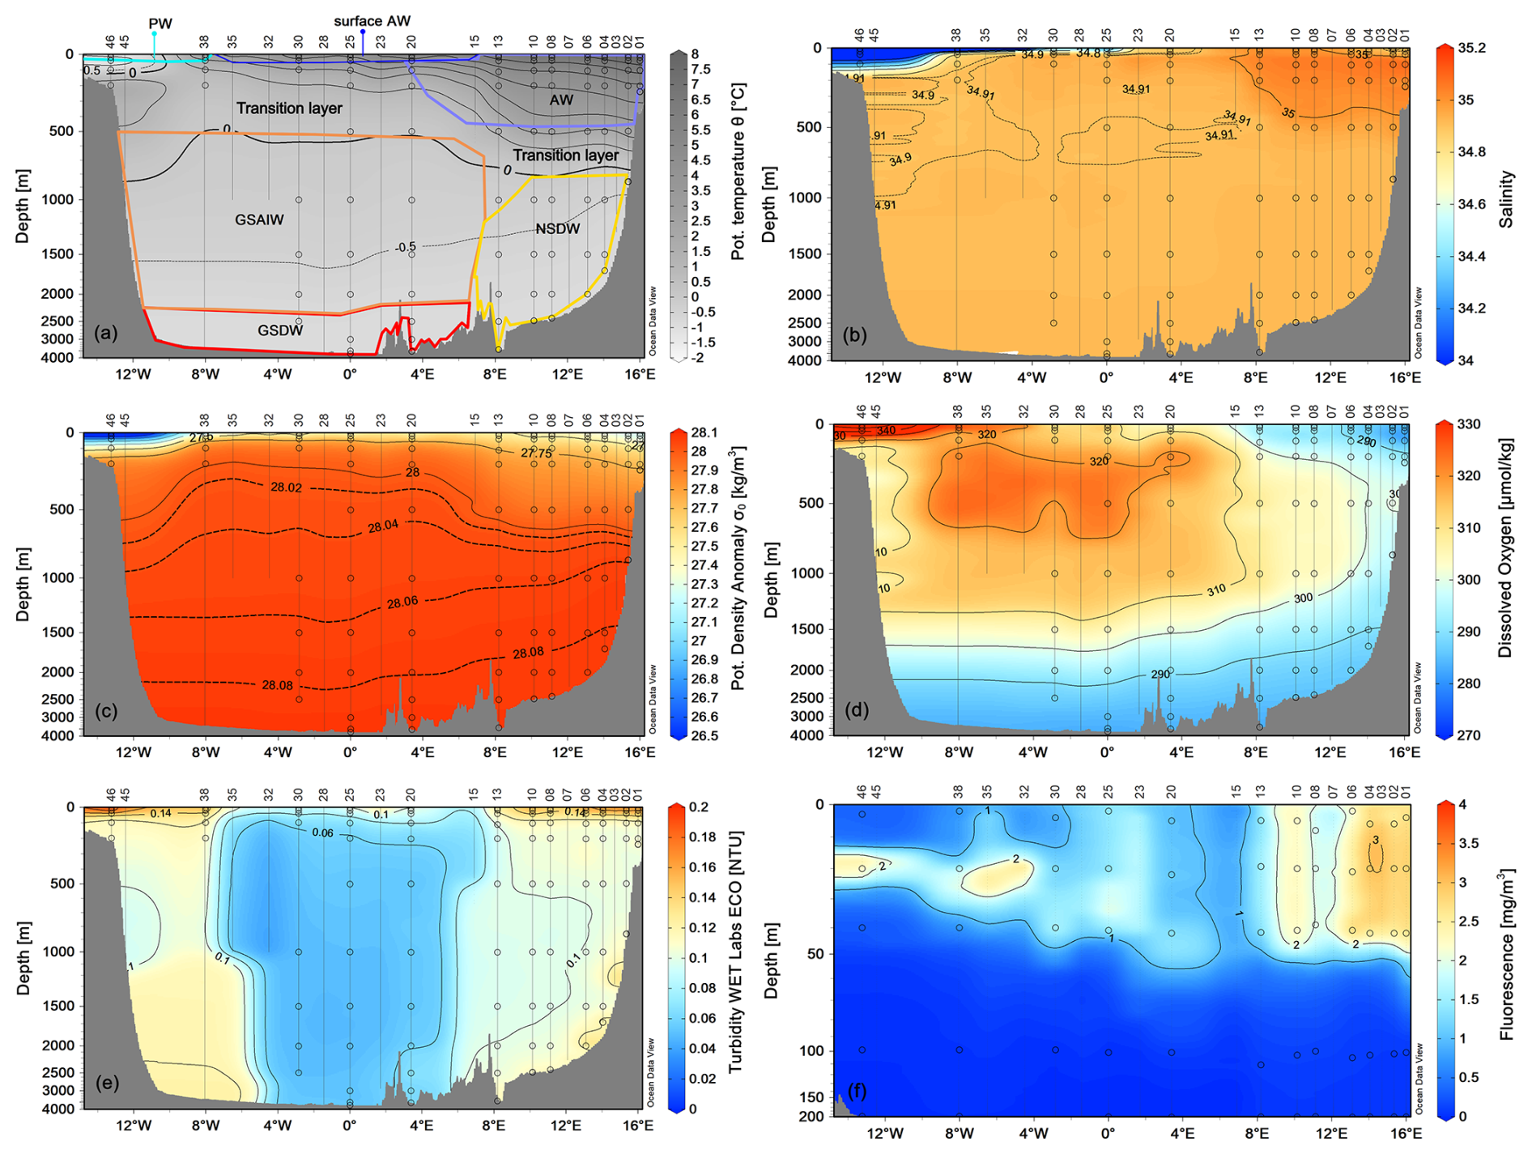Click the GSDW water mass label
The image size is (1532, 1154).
pos(280,330)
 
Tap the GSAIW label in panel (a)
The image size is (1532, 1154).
pos(259,219)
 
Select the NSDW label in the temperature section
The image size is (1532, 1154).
pos(557,229)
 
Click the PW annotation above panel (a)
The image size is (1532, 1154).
pos(160,24)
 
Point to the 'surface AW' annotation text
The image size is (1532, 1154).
pos(372,21)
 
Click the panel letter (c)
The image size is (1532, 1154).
pos(106,711)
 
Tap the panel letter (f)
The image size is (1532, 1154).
pos(855,1092)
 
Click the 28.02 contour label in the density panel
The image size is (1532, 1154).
pos(286,488)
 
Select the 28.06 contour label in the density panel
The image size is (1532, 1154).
pos(402,602)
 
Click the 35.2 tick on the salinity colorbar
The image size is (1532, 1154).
pos(1472,48)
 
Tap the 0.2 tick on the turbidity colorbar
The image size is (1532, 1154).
pos(699,807)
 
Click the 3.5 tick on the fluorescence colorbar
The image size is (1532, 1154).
pos(1467,844)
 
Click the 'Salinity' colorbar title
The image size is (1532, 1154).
pos(1505,198)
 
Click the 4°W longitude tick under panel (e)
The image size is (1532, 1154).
pos(277,1126)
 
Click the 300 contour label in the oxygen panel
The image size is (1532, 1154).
pos(1303,598)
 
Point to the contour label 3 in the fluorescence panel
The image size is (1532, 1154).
pos(1375,841)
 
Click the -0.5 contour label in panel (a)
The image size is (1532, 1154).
pos(406,247)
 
